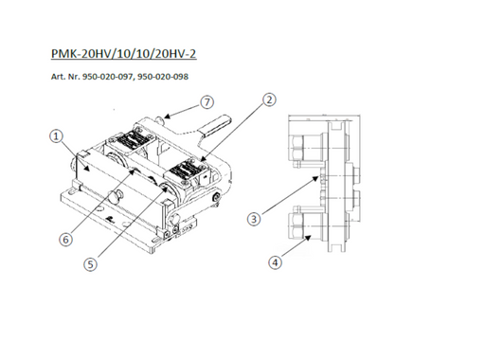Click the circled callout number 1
(x=56, y=136)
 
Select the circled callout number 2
(x=269, y=99)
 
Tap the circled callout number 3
(x=254, y=219)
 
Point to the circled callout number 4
(x=275, y=262)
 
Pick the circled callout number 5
(x=90, y=264)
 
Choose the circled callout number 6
(x=65, y=240)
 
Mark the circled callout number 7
(x=207, y=102)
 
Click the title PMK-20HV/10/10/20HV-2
(x=124, y=53)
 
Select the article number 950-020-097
(x=107, y=77)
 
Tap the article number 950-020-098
(x=163, y=77)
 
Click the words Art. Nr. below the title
(x=65, y=77)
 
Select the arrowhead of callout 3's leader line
(x=316, y=179)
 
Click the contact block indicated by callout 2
(x=186, y=172)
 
